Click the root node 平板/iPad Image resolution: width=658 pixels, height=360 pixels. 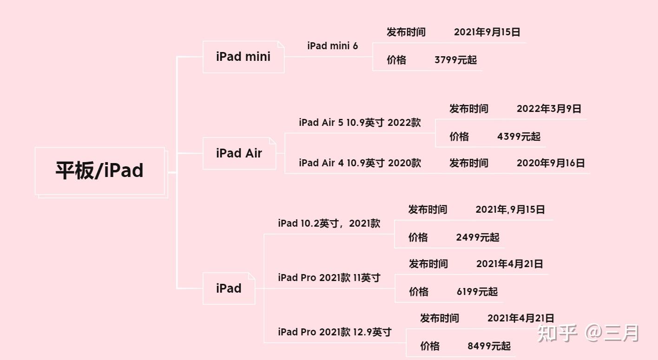coord(99,170)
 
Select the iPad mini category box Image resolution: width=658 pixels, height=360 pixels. coord(243,57)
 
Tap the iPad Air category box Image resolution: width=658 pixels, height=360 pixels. coord(239,153)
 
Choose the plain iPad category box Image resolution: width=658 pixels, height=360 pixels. coord(229,288)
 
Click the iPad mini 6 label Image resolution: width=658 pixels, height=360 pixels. coord(332,46)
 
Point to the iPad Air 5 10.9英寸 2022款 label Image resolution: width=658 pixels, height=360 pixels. coord(360,123)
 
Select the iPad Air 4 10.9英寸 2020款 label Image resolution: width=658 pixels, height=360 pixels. coord(360,163)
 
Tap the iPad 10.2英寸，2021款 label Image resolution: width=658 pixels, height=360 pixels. coord(329,223)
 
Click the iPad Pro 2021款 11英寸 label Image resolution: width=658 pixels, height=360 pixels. coord(329,278)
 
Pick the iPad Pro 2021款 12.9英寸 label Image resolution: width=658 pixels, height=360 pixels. coord(335,332)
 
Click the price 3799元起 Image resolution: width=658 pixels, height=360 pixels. coord(455,60)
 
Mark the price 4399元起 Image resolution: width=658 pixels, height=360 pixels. coord(519,137)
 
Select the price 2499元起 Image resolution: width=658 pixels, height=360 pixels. coord(478,237)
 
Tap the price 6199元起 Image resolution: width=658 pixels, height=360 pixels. coord(477,292)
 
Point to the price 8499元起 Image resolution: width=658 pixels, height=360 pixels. coord(489,346)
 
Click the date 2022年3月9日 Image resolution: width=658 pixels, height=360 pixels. coord(549,109)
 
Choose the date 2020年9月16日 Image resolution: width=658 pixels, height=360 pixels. coord(551,163)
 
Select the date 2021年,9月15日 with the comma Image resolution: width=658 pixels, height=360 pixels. coord(510,209)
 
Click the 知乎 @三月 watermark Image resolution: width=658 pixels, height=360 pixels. coord(588,333)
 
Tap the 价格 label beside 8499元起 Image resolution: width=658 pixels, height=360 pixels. coord(430,346)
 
